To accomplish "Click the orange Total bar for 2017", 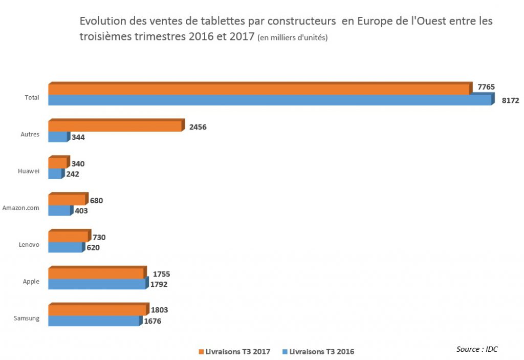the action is [260, 89].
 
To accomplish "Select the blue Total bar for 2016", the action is [271, 100].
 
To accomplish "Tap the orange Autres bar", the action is [116, 125].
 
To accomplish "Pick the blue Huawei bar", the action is [56, 174].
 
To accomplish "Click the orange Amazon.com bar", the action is [68, 199].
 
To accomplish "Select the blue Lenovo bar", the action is [67, 247].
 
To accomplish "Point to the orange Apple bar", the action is [97, 272].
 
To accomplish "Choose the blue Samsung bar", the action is [95, 320].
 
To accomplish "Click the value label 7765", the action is [486, 87].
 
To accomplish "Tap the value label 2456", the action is [198, 127].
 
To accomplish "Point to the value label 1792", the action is [159, 284].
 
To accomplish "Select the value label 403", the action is [81, 211].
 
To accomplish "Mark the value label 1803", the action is [160, 310].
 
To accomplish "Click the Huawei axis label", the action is [29, 171].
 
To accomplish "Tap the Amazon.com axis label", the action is [20, 208].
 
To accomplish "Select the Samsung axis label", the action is [27, 318].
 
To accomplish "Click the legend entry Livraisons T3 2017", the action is [234, 352].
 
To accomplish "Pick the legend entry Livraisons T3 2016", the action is [318, 352].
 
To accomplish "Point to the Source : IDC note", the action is [477, 349].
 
